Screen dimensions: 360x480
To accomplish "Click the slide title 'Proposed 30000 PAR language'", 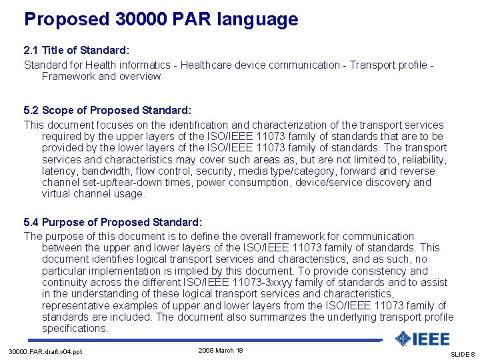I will [x=161, y=19].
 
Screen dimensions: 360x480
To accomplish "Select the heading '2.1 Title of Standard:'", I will [x=76, y=50].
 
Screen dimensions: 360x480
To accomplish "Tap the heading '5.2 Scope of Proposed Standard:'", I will [x=107, y=110].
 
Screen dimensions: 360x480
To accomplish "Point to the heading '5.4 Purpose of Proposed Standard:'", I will [x=113, y=221].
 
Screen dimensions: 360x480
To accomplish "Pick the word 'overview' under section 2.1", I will [x=139, y=76].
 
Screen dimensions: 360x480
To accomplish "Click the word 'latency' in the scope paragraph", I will [x=59, y=171].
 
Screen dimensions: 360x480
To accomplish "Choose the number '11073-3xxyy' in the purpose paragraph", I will [x=294, y=282].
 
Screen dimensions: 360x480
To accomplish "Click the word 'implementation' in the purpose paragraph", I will [x=126, y=271].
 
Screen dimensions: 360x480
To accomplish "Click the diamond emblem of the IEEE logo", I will [x=403, y=339].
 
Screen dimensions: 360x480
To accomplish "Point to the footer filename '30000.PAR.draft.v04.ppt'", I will [x=45, y=351].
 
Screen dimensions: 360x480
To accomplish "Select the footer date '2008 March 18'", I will [x=221, y=350].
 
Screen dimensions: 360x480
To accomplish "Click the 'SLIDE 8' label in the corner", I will [x=463, y=354].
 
